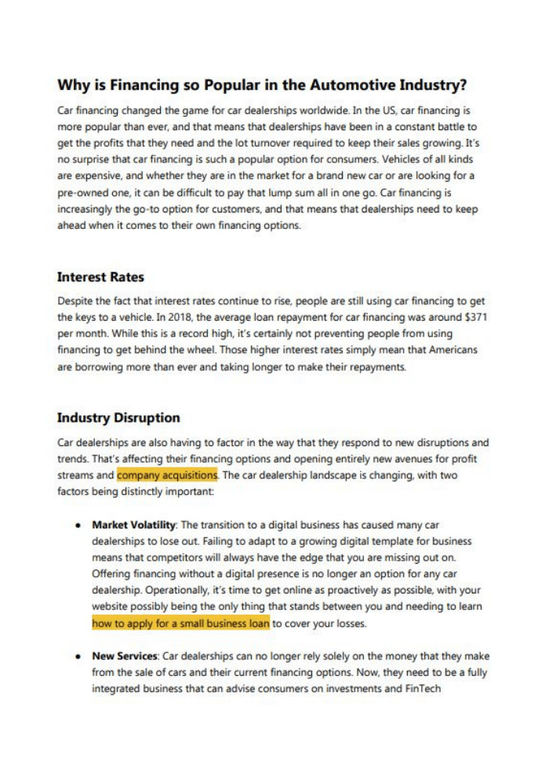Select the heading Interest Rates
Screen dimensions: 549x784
100,277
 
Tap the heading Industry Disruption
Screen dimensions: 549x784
118,417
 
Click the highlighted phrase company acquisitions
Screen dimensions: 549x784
167,475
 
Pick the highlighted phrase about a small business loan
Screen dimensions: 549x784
180,624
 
